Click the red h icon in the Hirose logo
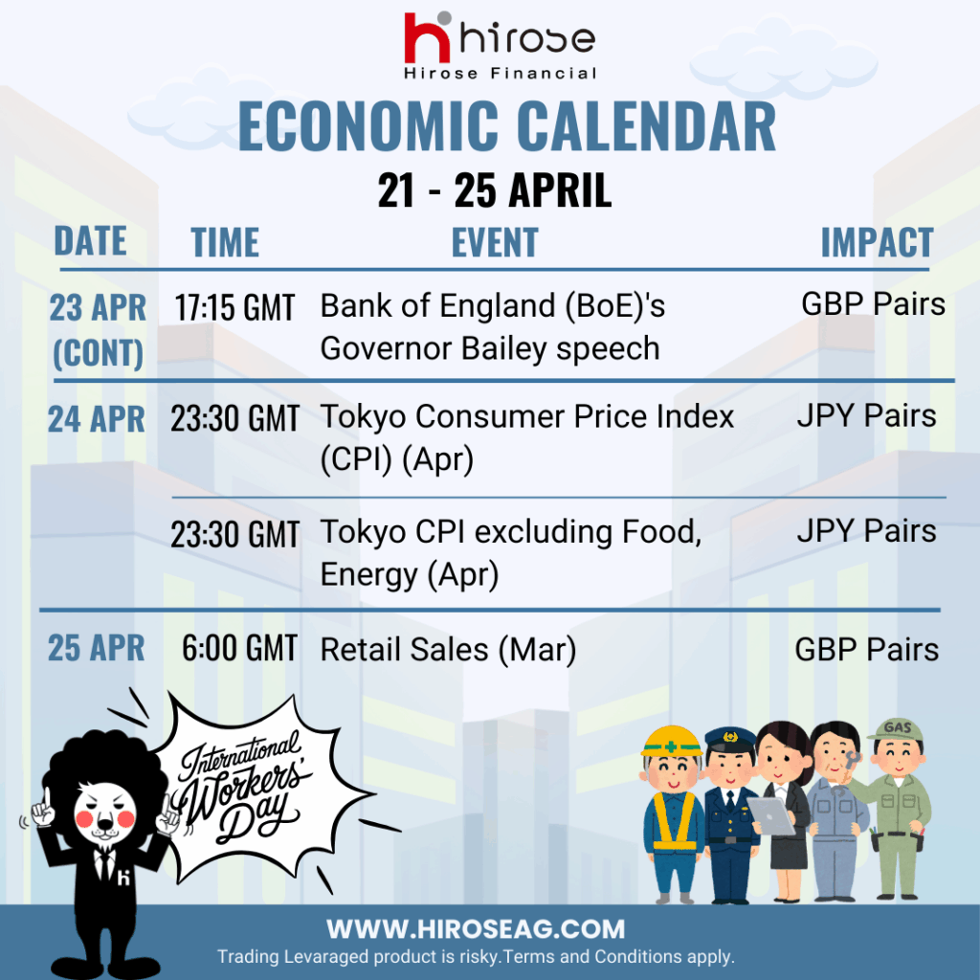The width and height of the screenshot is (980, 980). tap(427, 37)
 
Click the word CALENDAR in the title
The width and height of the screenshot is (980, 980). tap(647, 126)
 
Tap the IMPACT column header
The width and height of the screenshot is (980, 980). tap(877, 242)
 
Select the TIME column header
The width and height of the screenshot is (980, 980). tap(225, 242)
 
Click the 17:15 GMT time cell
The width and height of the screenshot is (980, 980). tap(234, 307)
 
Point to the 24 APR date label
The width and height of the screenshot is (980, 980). tap(97, 419)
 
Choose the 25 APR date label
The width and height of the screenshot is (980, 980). tap(97, 648)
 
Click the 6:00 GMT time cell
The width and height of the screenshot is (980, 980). tap(239, 648)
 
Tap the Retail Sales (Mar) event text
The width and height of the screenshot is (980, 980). tap(448, 650)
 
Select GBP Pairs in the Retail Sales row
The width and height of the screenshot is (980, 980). tap(867, 650)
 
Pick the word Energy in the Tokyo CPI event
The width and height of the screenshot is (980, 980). tap(368, 575)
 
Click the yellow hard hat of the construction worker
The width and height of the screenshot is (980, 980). tap(672, 742)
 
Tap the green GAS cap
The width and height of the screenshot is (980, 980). tap(898, 730)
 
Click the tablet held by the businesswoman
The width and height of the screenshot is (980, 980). tap(772, 815)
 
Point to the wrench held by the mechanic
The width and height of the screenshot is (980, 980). tap(850, 767)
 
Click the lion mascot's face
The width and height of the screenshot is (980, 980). tap(105, 812)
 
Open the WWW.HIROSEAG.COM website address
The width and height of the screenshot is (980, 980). tap(476, 929)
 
